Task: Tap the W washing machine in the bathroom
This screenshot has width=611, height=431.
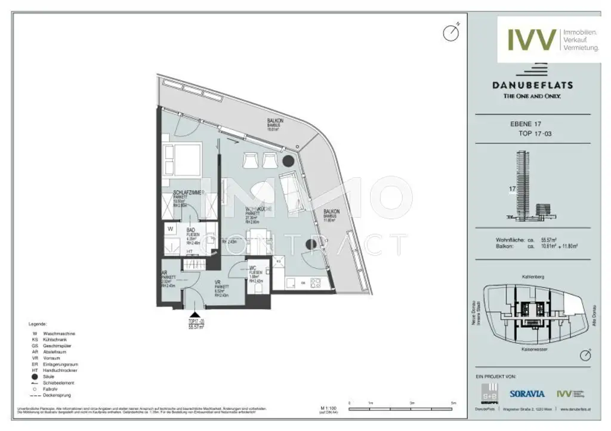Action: (171, 228)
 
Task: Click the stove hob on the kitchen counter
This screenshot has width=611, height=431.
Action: (316, 282)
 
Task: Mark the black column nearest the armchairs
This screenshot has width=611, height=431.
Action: (288, 161)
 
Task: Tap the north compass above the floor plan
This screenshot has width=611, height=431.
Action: (450, 33)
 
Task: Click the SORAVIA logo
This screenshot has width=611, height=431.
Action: (527, 393)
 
